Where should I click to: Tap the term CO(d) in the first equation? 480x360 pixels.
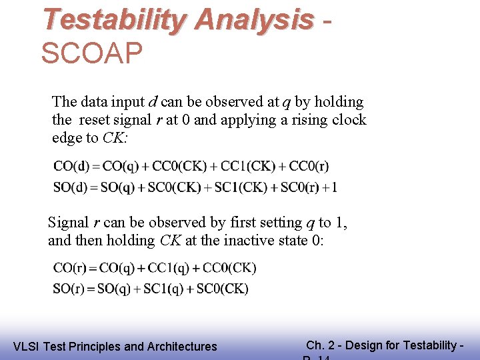pos(73,166)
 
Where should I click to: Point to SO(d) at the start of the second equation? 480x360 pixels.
pos(72,187)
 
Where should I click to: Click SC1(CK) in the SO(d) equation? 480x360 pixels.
pos(242,187)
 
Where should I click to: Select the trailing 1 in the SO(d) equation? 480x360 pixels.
pos(333,187)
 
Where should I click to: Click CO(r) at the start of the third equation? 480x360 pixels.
pos(72,268)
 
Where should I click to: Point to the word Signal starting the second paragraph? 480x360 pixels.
pos(68,223)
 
